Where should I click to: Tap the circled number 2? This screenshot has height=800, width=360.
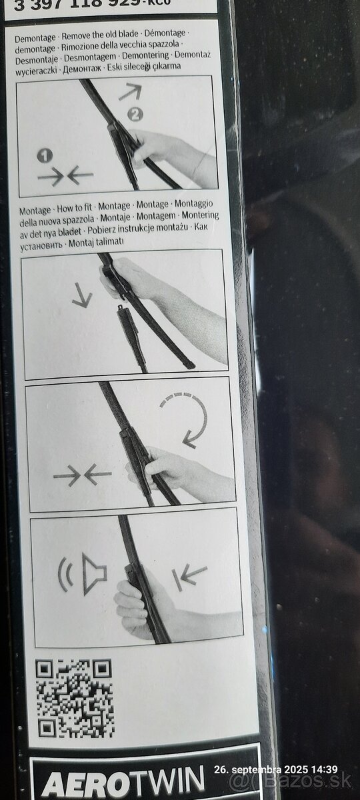136,114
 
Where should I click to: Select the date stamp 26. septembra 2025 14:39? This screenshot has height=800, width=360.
285,771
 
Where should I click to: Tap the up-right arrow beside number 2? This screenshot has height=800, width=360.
130,92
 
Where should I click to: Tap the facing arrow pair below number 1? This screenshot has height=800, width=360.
65,176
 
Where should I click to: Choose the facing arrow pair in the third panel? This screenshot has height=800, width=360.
82,475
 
